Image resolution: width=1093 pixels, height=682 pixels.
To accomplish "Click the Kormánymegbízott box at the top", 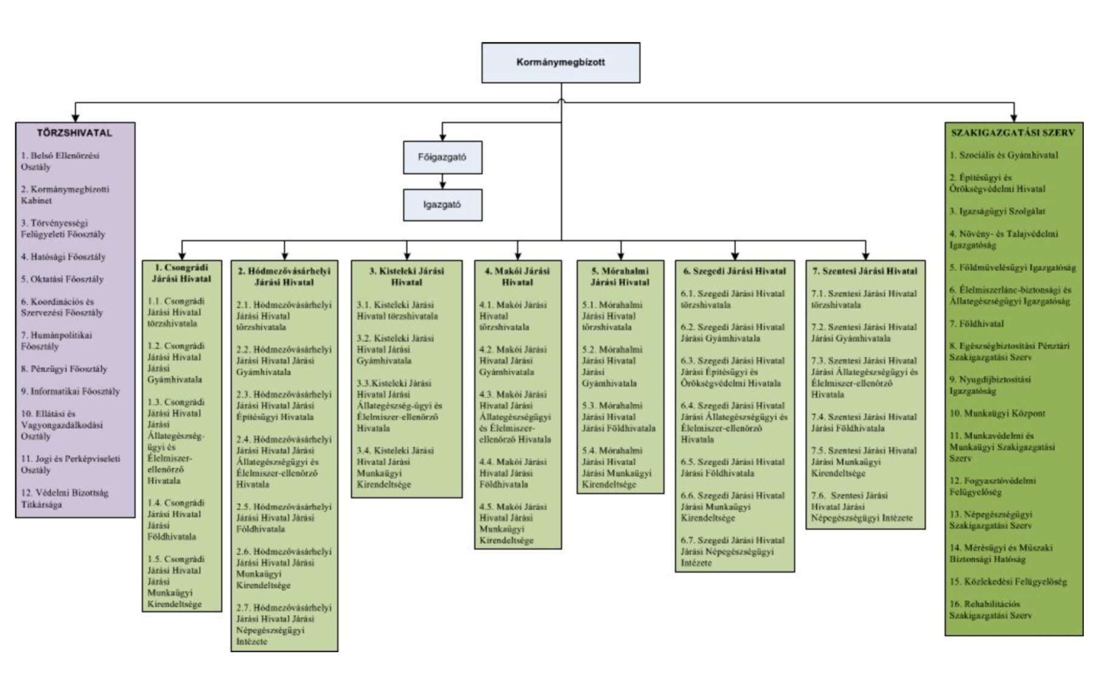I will tap(560, 62).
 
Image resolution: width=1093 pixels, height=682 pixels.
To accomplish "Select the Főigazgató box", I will tap(442, 157).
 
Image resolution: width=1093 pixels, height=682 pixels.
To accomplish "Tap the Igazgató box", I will tap(442, 205).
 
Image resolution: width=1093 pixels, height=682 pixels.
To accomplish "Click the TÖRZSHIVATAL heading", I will tap(75, 133).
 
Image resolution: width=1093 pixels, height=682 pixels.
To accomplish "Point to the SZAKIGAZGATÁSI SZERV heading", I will tap(1013, 133).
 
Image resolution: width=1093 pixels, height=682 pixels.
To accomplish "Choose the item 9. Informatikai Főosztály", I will tap(70, 391).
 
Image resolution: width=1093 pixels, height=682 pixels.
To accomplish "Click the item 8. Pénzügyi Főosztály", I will tap(64, 369).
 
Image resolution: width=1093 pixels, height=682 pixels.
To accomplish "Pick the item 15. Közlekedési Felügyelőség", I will tap(1008, 582).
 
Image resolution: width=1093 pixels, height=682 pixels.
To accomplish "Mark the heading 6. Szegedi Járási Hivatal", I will tap(734, 271).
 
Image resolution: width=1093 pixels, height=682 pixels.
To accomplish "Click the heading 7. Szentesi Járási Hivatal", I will tap(865, 271).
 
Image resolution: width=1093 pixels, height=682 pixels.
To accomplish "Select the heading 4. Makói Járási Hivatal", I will tap(517, 277).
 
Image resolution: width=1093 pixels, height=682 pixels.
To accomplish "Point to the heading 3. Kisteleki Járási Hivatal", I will tap(406, 277).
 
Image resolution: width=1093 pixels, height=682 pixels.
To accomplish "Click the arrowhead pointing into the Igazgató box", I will tap(443, 185).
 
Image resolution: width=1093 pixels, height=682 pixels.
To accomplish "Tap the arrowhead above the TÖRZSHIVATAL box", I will tap(75, 117).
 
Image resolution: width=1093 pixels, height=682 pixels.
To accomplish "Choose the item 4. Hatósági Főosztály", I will tap(63, 257).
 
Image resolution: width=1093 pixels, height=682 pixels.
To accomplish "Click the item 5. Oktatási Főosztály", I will tap(62, 280).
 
